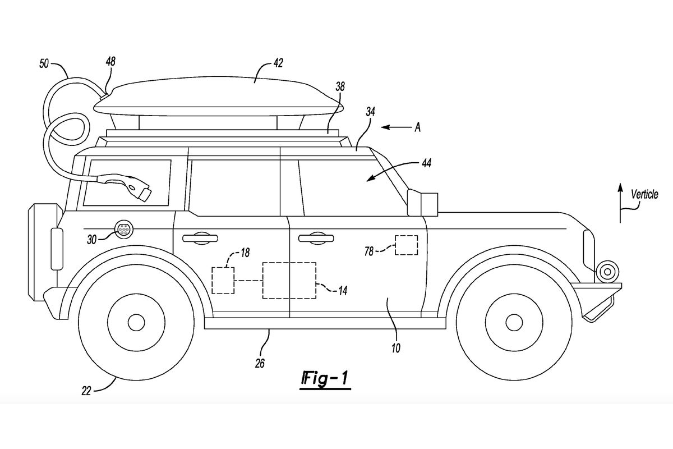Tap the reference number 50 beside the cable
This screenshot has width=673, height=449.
(x=44, y=64)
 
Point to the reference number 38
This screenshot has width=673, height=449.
(x=340, y=86)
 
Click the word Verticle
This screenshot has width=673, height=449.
(x=644, y=195)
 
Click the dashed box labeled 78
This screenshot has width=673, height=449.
(x=406, y=245)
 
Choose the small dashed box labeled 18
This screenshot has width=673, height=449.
(x=223, y=280)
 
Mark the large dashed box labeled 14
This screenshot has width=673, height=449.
(x=289, y=280)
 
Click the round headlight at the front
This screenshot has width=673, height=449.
(x=607, y=271)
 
